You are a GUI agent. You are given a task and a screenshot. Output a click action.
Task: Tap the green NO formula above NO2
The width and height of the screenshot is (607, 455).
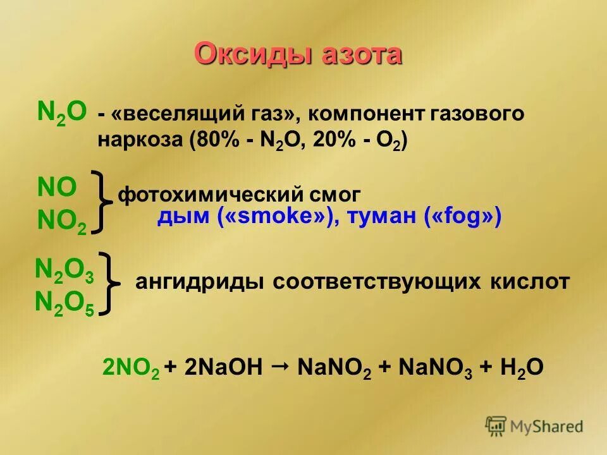57,187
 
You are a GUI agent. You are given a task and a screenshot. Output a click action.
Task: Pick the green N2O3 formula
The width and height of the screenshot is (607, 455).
65,270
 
